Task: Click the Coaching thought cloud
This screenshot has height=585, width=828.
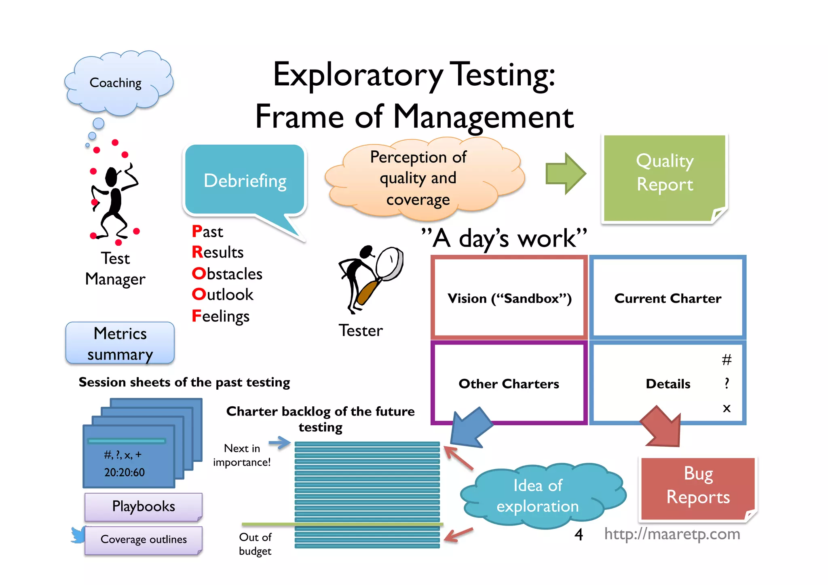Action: [117, 83]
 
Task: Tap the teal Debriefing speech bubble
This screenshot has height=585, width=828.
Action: [245, 180]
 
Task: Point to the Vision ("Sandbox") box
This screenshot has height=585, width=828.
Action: [509, 298]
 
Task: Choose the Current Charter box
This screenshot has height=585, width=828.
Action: [667, 298]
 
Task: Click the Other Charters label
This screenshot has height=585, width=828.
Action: [509, 384]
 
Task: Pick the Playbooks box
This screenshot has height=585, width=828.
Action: [143, 506]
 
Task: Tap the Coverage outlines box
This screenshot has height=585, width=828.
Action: [143, 539]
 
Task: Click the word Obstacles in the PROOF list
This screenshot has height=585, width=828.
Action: [227, 274]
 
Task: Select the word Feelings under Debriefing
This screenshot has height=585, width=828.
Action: [221, 316]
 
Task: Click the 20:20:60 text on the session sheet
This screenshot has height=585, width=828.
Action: [125, 472]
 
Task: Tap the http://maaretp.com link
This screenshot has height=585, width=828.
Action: [672, 534]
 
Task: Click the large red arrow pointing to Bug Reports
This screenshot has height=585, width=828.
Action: [662, 427]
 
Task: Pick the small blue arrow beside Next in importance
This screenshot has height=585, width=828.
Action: [280, 442]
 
